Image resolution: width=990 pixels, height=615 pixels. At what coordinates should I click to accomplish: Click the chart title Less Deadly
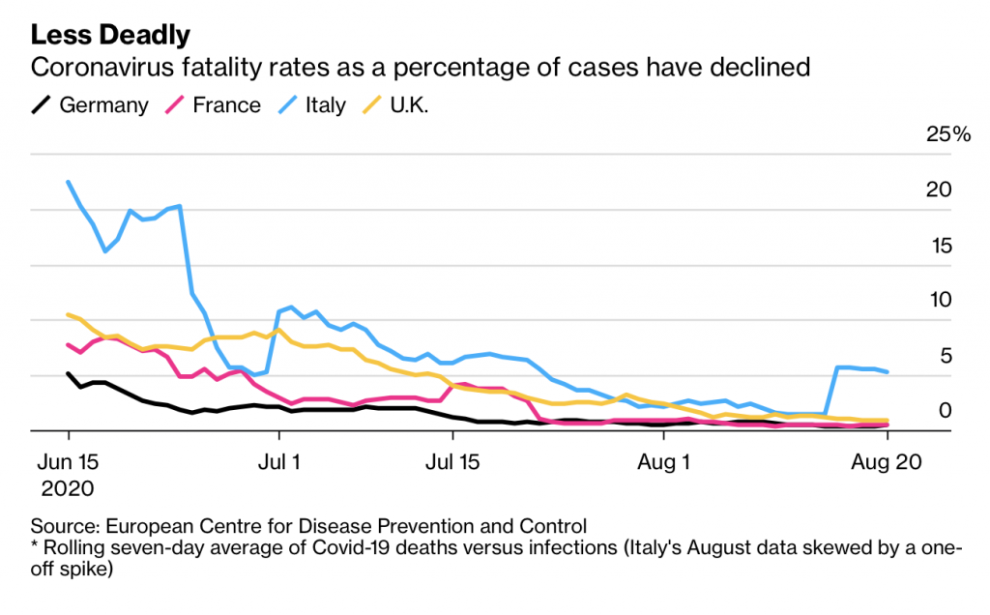tap(110, 35)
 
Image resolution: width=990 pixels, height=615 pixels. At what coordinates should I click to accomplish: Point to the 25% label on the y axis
tap(947, 134)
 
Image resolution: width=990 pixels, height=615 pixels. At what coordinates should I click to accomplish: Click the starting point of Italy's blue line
tap(69, 182)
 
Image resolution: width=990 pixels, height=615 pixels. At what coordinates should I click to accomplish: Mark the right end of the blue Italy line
tap(888, 371)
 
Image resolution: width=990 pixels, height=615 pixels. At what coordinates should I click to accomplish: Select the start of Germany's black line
tap(69, 373)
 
